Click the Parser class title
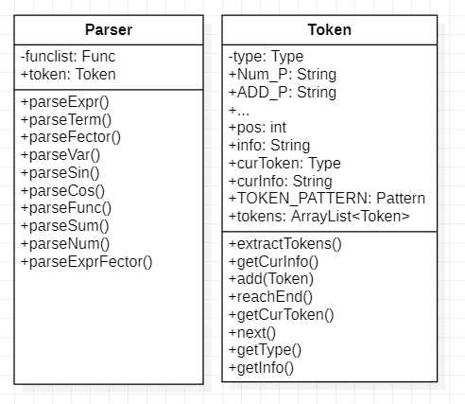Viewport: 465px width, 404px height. tap(109, 29)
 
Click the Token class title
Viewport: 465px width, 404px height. tap(330, 29)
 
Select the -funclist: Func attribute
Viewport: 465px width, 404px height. tap(68, 57)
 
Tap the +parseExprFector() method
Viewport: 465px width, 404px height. tap(86, 261)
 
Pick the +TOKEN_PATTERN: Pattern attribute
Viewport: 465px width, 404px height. tap(326, 199)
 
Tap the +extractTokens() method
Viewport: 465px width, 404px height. tap(284, 243)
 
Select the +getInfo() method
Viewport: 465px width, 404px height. tap(261, 367)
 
